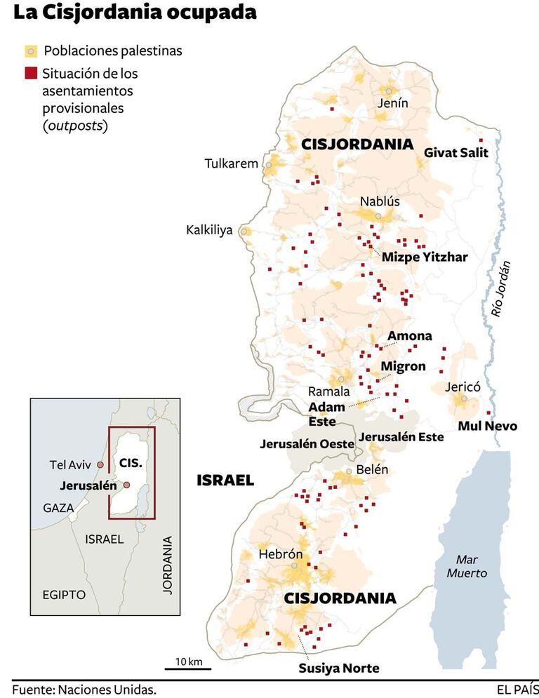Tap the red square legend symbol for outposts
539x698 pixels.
tap(31, 73)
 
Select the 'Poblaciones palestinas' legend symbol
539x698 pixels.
tap(31, 51)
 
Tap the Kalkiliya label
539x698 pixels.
tap(208, 230)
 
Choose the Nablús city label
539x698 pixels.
tap(379, 201)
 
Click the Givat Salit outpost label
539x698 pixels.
tap(456, 152)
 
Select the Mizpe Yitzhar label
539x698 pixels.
tap(425, 257)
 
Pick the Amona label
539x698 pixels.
tap(410, 336)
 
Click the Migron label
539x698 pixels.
tap(403, 366)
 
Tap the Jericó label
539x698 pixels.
tap(462, 387)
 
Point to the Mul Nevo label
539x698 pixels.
tap(487, 426)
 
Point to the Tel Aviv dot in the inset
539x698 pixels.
tap(100, 464)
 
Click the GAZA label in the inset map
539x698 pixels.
tap(58, 508)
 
